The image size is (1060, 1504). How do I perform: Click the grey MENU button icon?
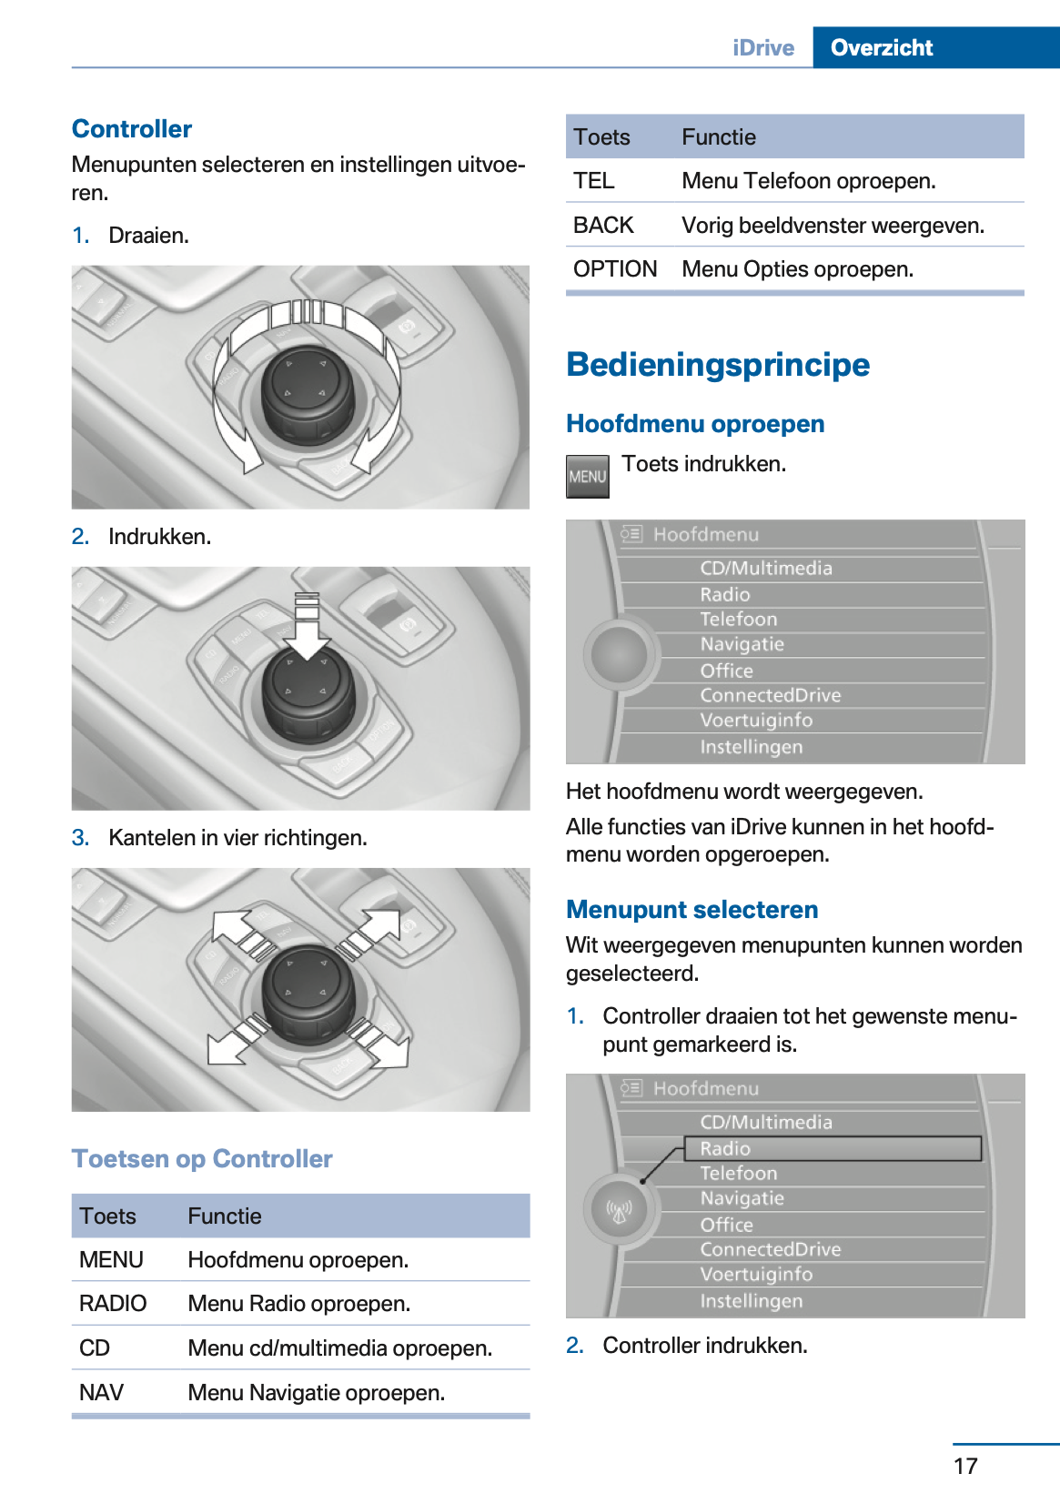pyautogui.click(x=587, y=477)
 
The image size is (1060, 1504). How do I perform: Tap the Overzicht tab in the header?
pyautogui.click(x=881, y=47)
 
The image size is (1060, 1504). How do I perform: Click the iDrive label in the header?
pyautogui.click(x=762, y=47)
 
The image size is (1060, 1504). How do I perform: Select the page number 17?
pyautogui.click(x=965, y=1466)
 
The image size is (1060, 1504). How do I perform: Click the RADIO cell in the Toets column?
pyautogui.click(x=113, y=1304)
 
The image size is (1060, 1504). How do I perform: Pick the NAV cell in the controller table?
pyautogui.click(x=101, y=1392)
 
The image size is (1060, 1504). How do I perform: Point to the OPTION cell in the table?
pyautogui.click(x=615, y=269)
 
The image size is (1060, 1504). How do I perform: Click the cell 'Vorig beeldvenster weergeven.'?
pyautogui.click(x=833, y=226)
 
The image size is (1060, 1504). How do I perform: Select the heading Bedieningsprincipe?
pyautogui.click(x=717, y=365)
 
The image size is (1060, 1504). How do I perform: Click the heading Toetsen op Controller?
pyautogui.click(x=202, y=1159)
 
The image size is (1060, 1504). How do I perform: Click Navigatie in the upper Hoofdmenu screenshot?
pyautogui.click(x=742, y=644)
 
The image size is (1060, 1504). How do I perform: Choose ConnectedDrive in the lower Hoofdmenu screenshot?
pyautogui.click(x=770, y=1249)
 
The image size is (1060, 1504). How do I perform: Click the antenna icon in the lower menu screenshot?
pyautogui.click(x=620, y=1211)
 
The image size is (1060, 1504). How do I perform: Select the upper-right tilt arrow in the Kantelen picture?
pyautogui.click(x=376, y=929)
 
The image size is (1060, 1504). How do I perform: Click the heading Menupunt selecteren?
pyautogui.click(x=692, y=910)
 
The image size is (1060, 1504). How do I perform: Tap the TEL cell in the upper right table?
pyautogui.click(x=594, y=181)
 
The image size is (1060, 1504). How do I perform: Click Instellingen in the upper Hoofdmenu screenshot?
pyautogui.click(x=751, y=747)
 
